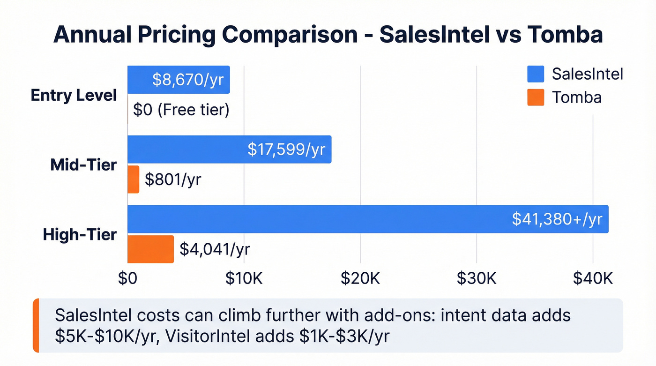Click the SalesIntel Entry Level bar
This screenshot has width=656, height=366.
(x=141, y=80)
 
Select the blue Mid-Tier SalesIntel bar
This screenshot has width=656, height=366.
(x=187, y=149)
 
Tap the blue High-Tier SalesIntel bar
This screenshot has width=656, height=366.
(x=319, y=219)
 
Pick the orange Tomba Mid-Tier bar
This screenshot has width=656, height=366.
(x=134, y=179)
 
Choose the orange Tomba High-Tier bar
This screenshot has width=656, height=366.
(x=150, y=249)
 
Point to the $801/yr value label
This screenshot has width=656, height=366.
(x=173, y=179)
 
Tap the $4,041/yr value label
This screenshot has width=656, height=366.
(x=215, y=249)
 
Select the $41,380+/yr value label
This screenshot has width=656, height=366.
(x=557, y=219)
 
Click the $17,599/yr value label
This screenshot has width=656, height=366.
(x=286, y=149)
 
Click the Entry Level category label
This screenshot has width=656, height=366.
(x=74, y=95)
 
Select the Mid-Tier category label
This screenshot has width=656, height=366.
(x=83, y=164)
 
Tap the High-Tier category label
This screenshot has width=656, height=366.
(x=80, y=234)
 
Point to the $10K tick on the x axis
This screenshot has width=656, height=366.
(x=244, y=278)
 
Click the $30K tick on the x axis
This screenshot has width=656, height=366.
(x=477, y=278)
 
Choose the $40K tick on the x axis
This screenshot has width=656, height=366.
(x=593, y=278)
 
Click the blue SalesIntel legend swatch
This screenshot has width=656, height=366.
(x=536, y=74)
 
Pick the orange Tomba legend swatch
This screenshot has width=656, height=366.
(x=536, y=97)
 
